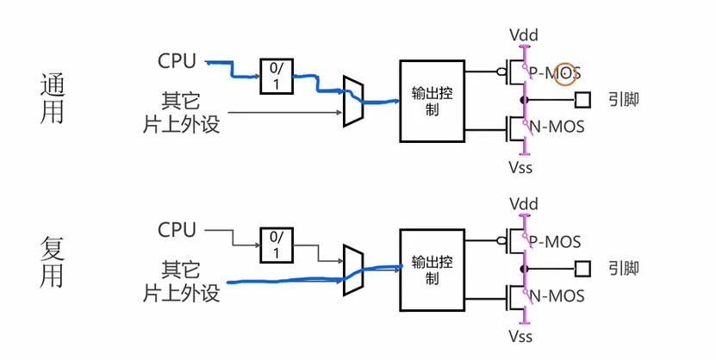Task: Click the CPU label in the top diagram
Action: coord(177,61)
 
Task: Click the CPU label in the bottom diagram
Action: coord(177,229)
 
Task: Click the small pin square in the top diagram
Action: coord(582,99)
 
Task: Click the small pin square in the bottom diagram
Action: coord(582,269)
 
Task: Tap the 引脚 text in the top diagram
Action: coord(623,99)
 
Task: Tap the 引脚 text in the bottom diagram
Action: coord(623,269)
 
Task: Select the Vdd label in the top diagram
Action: coord(524,34)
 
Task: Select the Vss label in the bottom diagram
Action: coord(520,336)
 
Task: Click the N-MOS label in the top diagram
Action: coord(557,127)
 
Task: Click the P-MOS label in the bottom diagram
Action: coord(554,241)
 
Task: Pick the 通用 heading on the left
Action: coord(52,98)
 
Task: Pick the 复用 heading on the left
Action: coord(52,262)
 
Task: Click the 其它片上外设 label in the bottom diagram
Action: coord(181,282)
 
